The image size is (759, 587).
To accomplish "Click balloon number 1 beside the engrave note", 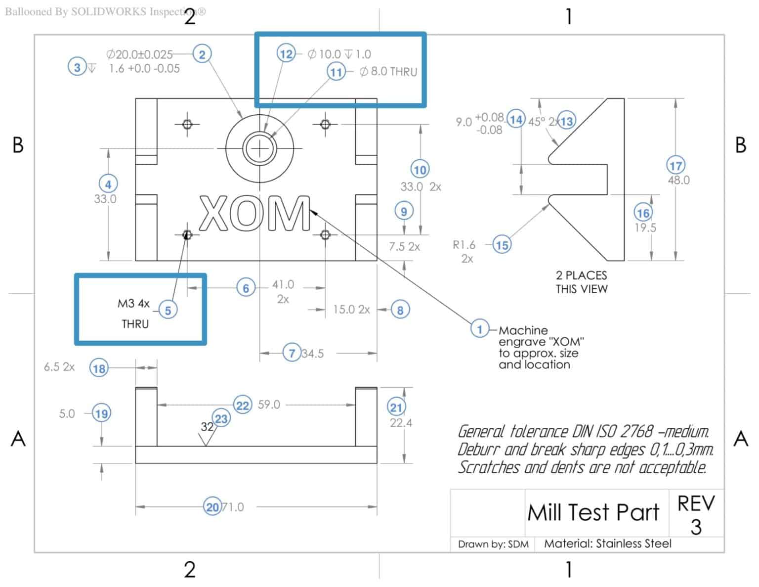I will [x=479, y=328].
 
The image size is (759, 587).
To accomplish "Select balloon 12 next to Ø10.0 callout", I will [x=286, y=53].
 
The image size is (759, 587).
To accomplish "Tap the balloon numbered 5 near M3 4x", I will [x=168, y=310].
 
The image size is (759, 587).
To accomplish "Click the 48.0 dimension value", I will [x=678, y=180].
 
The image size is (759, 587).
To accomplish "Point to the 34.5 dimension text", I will [x=312, y=353].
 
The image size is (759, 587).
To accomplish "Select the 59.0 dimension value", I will [x=269, y=405].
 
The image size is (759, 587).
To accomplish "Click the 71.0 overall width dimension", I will [x=233, y=507].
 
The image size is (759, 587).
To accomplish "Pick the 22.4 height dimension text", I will [x=401, y=423].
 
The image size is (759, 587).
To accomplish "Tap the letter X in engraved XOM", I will [x=213, y=214].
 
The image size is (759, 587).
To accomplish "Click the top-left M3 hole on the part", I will [x=187, y=124].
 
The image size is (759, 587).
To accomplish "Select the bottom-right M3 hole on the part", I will [x=325, y=234].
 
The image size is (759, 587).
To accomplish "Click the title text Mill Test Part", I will [x=593, y=512].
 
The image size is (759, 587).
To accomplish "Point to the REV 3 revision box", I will [x=696, y=514].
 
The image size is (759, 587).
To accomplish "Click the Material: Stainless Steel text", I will [x=607, y=543].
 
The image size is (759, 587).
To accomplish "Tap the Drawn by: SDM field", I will [x=493, y=544].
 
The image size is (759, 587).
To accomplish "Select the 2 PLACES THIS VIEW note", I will [x=581, y=282].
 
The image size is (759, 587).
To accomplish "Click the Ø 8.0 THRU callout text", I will [x=388, y=72].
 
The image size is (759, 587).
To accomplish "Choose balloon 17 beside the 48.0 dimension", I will [x=675, y=165].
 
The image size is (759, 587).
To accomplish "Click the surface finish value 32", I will [x=207, y=426].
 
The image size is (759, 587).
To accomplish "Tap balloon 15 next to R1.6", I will [x=502, y=244].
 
